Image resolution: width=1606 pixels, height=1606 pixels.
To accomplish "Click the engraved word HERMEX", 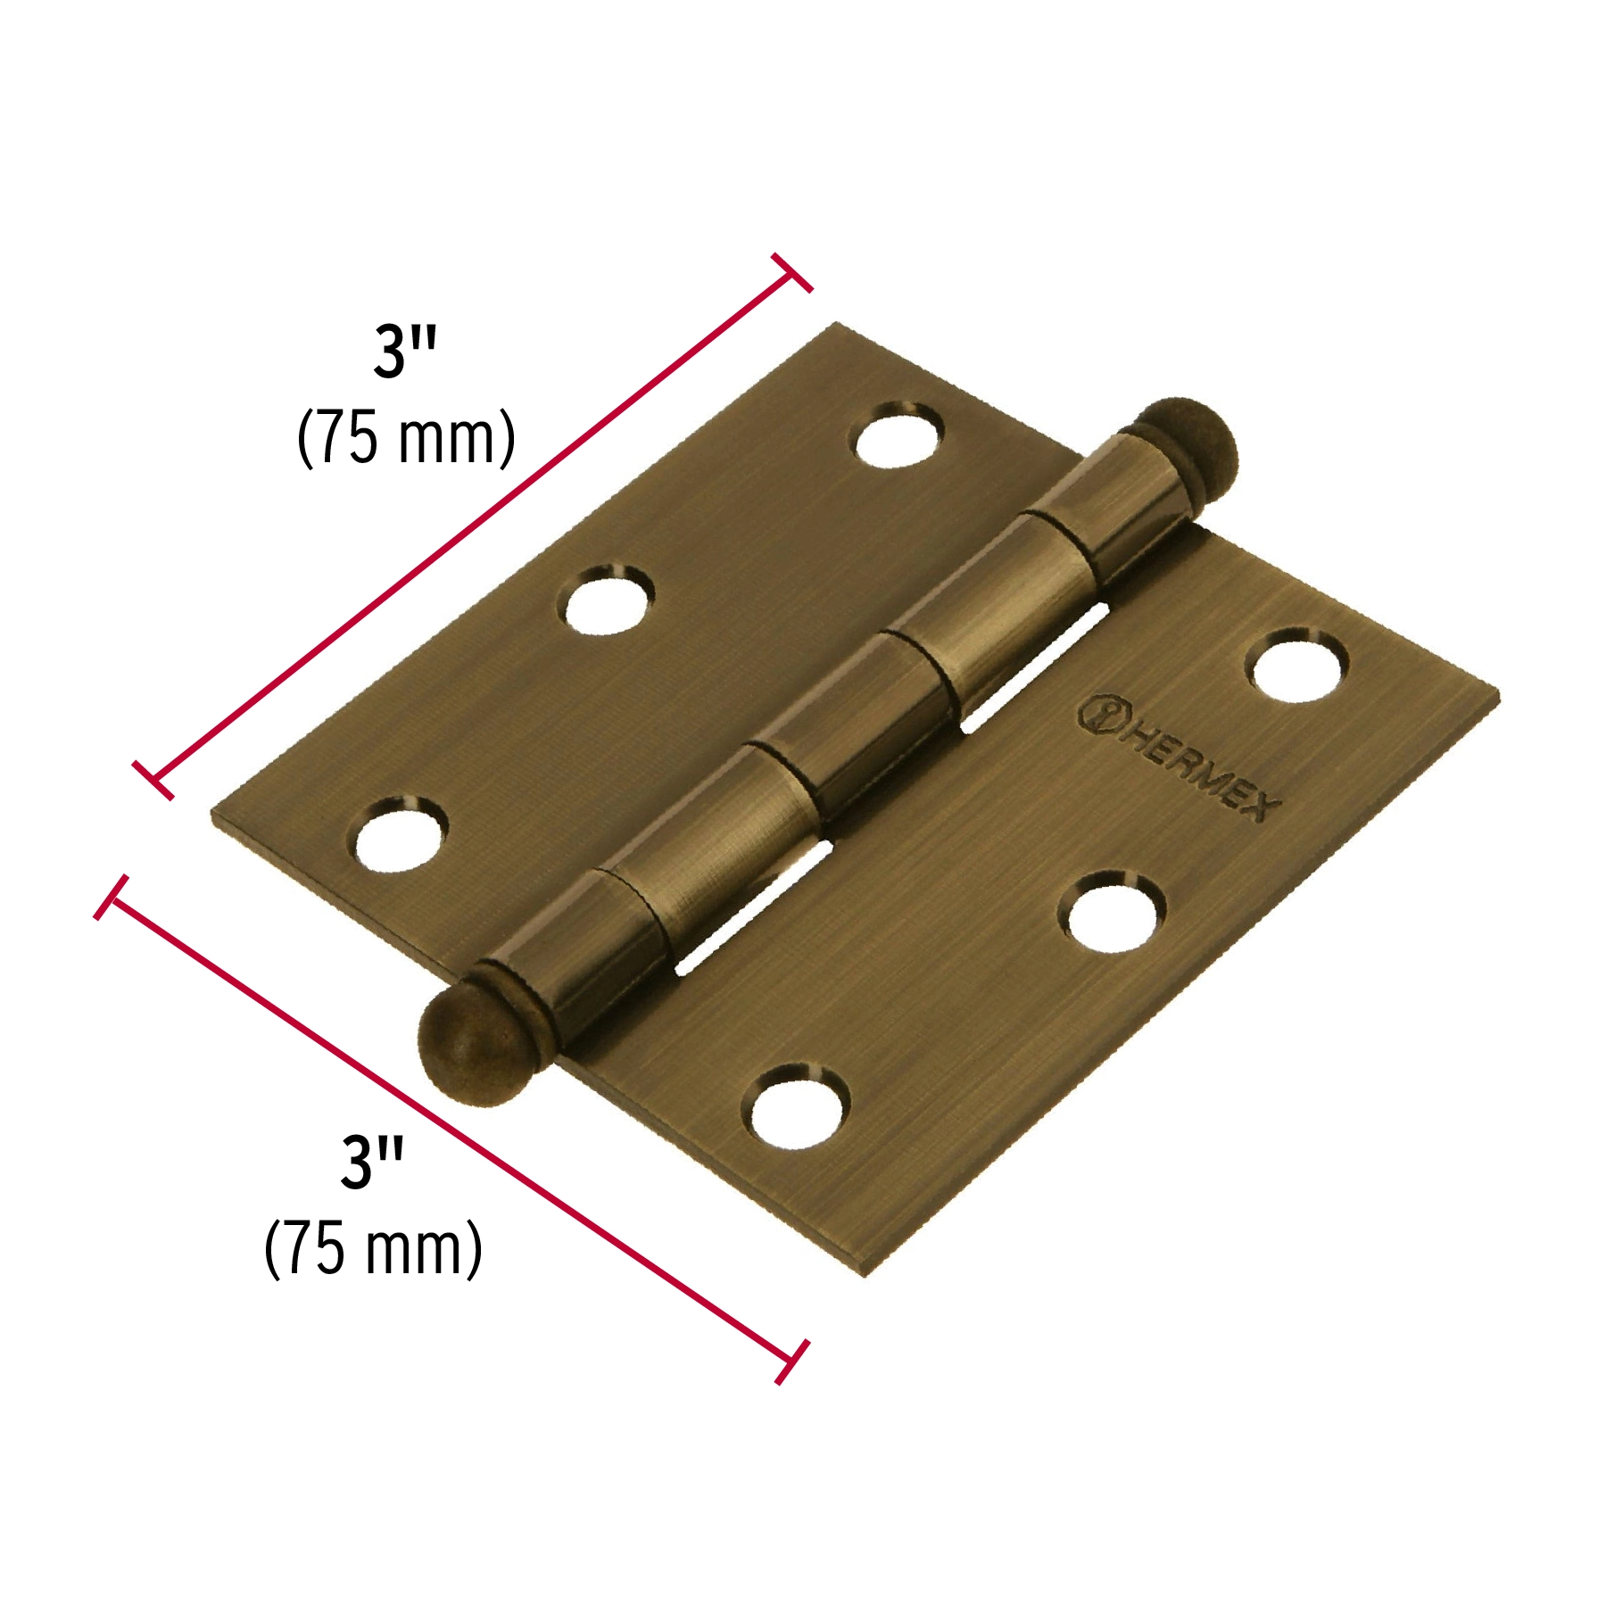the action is (1201, 771).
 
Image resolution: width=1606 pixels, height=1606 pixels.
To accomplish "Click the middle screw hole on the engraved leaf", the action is (1112, 912).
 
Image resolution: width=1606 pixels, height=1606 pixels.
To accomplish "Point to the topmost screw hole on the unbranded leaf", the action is (899, 434).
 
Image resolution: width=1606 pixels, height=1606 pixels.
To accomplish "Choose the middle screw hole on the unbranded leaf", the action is (606, 598).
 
